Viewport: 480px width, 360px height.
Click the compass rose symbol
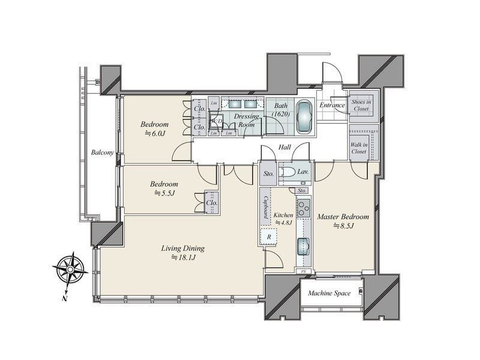click(70, 269)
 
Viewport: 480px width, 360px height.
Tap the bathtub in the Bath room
click(304, 116)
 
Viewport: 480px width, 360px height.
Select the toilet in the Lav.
click(288, 172)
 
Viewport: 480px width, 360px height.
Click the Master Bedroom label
click(343, 217)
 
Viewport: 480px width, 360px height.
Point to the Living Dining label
click(183, 248)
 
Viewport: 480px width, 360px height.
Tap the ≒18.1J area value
click(183, 258)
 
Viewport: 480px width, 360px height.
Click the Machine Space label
click(329, 293)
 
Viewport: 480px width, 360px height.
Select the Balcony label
click(102, 152)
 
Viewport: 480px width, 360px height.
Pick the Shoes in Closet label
click(361, 106)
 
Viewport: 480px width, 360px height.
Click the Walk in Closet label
click(359, 148)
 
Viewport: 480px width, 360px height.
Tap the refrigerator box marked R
click(269, 236)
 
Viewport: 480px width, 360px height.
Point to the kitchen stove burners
click(304, 208)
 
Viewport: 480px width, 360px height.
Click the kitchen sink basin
click(303, 247)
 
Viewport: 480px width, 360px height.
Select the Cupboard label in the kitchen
click(266, 207)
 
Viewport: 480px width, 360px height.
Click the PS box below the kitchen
click(304, 271)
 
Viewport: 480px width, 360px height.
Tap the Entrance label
click(332, 106)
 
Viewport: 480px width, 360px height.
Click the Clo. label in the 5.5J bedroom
click(212, 203)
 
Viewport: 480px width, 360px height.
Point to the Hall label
click(284, 147)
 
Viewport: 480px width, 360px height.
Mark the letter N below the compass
click(65, 298)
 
